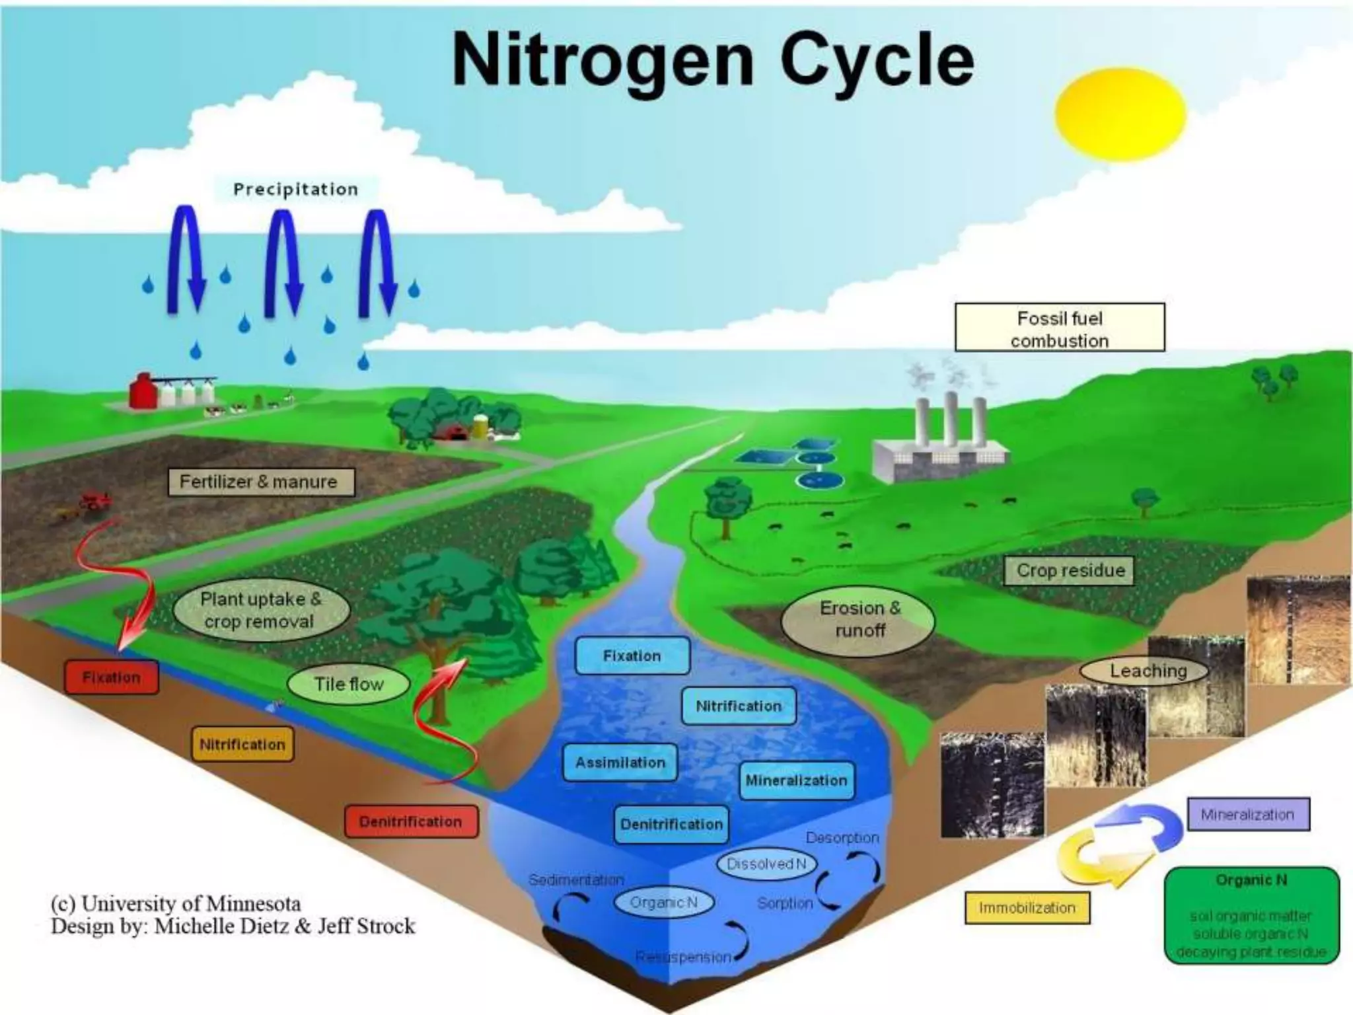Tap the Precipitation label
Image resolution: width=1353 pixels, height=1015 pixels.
click(x=295, y=190)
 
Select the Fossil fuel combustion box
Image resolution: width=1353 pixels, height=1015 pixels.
click(x=1060, y=328)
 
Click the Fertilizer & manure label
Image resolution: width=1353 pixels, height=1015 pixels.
click(x=258, y=482)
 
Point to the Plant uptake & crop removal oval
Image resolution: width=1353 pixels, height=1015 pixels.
click(x=260, y=610)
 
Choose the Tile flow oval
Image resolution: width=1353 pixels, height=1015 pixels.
click(x=348, y=684)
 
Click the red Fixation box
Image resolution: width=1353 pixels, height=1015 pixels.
click(x=111, y=677)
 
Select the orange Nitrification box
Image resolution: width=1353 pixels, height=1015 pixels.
click(x=242, y=744)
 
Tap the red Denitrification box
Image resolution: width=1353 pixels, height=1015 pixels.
click(x=410, y=821)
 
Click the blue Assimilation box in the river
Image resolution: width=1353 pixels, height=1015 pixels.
click(x=620, y=763)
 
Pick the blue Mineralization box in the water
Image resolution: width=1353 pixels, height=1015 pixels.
click(x=796, y=780)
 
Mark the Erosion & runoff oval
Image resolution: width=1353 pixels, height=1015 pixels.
click(x=859, y=619)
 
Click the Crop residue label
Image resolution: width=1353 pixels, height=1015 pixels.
click(x=1070, y=570)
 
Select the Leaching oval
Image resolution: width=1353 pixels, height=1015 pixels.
click(x=1148, y=671)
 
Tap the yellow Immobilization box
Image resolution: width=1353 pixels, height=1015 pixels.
click(x=1027, y=908)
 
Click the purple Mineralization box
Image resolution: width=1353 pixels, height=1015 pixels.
click(x=1247, y=814)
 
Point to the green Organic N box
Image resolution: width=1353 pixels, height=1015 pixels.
click(x=1251, y=915)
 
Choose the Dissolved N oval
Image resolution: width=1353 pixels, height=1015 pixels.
click(x=766, y=864)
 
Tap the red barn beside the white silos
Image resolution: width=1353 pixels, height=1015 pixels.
click(x=143, y=391)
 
